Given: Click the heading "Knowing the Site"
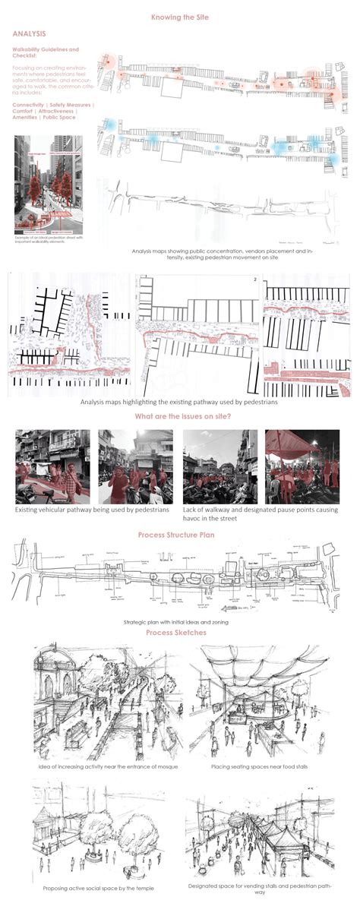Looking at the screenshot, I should tap(180, 17).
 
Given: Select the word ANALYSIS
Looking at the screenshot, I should tap(30, 34).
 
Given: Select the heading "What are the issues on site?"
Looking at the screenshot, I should tap(179, 416).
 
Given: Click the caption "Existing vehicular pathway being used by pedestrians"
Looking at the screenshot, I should tap(91, 510).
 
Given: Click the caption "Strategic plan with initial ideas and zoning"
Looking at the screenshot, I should tap(179, 622).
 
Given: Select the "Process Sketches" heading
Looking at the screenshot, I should tap(179, 633).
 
